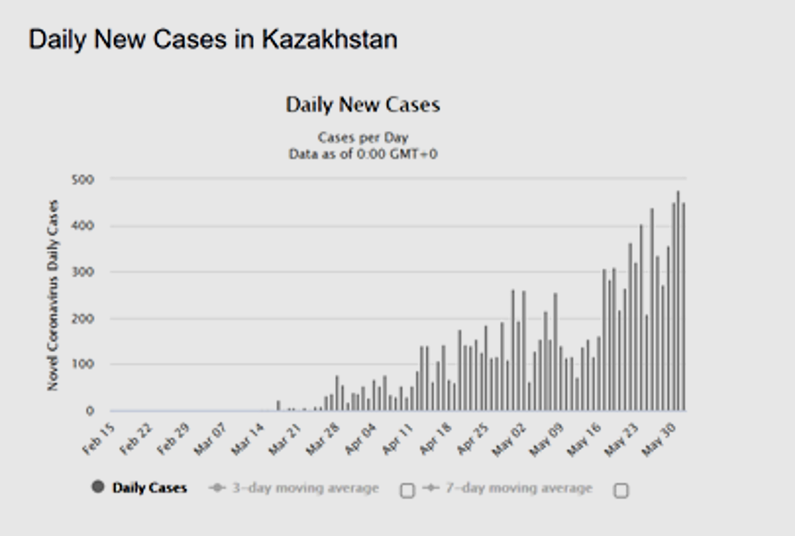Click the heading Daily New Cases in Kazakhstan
213,39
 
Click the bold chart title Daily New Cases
363,105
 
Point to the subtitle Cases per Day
363,137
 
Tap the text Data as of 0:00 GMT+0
363,154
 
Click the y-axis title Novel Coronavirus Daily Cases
53,295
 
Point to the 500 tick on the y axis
83,179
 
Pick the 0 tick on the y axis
90,411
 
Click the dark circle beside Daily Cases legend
97,488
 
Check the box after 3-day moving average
407,490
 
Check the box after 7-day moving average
621,490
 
